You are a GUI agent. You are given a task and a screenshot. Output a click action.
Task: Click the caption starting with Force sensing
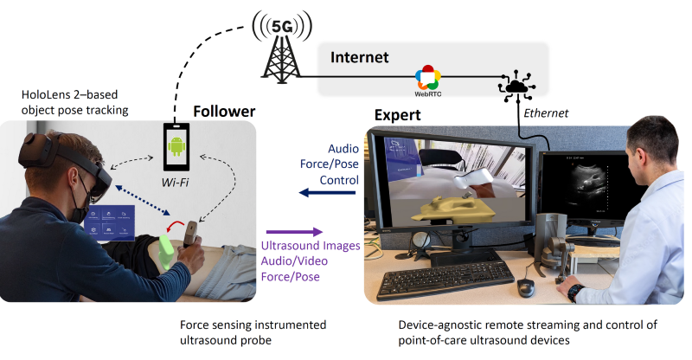(253, 325)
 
